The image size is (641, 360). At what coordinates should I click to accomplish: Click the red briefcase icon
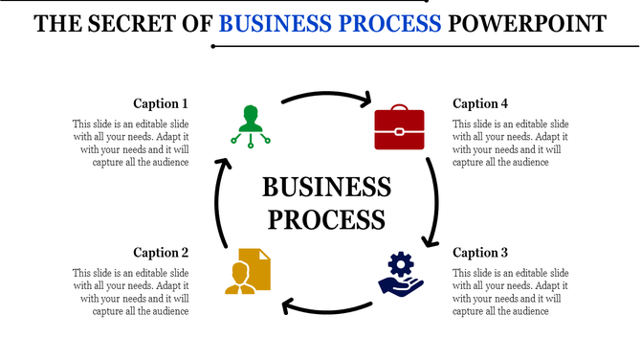click(x=398, y=128)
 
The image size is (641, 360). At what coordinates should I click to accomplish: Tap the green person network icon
click(x=251, y=124)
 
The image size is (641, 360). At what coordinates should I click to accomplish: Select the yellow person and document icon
click(x=248, y=270)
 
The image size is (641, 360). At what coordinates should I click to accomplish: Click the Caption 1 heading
click(x=161, y=103)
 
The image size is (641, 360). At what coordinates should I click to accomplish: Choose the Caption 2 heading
click(x=161, y=253)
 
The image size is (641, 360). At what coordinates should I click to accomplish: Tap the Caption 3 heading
click(x=480, y=253)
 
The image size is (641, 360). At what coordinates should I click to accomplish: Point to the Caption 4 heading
click(x=480, y=103)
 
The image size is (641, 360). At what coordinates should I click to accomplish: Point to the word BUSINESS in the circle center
click(x=326, y=187)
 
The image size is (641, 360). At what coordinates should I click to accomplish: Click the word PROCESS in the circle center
click(x=326, y=218)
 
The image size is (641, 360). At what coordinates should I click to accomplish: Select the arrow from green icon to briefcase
click(x=325, y=96)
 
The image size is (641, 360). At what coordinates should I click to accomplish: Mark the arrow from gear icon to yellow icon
click(x=325, y=308)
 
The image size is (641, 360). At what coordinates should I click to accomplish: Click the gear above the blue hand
click(x=400, y=263)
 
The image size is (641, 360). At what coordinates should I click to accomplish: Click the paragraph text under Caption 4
click(x=511, y=143)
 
